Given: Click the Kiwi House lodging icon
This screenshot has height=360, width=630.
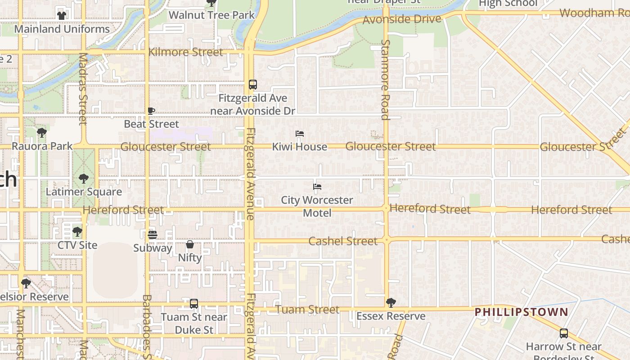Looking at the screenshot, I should (300, 134).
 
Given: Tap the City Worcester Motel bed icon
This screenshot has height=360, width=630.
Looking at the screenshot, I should (317, 187).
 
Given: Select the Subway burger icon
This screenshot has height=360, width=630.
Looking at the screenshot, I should (152, 235).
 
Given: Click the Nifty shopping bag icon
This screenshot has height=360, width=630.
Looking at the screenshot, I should (190, 245).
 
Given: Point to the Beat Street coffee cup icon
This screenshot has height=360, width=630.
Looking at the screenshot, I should (151, 111).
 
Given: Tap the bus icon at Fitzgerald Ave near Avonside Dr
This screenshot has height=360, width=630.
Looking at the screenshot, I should (253, 85).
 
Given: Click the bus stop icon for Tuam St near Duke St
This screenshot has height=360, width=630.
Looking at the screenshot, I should (194, 304).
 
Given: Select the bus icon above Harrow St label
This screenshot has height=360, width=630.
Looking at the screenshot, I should (564, 333).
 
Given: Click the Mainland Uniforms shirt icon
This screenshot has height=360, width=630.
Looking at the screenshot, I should (62, 16).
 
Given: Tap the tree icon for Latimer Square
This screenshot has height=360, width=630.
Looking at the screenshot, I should (83, 179).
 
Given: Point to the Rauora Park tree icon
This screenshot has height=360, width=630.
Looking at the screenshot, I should (42, 133).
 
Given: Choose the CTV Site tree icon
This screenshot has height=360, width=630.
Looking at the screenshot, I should (77, 232).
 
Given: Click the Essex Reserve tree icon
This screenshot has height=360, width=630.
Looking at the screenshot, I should (391, 303).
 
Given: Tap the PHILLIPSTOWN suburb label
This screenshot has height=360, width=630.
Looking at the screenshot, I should (522, 312).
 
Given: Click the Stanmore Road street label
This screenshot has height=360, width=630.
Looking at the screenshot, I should (385, 80).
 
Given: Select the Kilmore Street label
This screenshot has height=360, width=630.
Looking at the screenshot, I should (185, 52).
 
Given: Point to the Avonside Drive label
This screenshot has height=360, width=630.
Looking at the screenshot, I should (401, 19).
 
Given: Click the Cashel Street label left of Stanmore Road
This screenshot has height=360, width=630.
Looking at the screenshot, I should (343, 241).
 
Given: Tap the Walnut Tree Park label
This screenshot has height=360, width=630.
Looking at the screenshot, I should (211, 15).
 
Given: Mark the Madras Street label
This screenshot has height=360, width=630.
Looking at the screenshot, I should (83, 89).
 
